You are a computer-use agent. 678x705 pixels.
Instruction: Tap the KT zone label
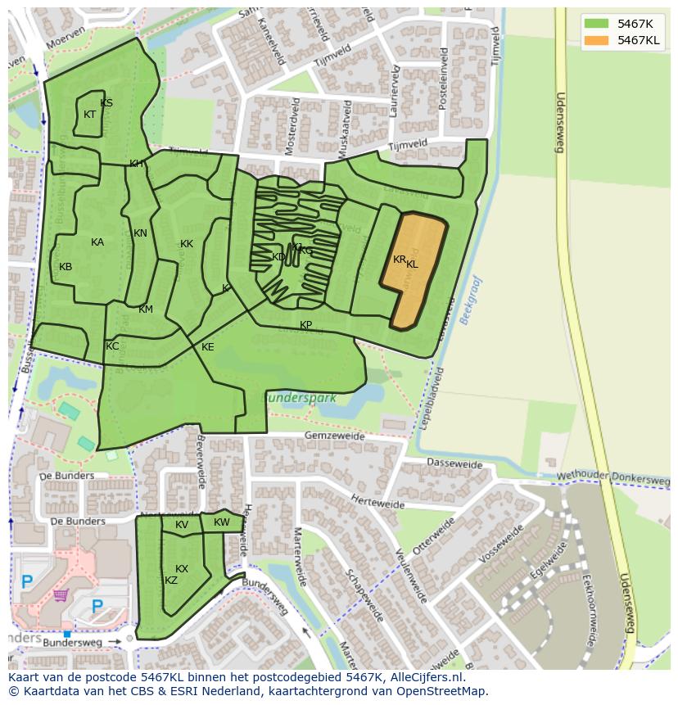pos(90,115)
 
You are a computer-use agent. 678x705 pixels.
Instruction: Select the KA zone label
pos(97,242)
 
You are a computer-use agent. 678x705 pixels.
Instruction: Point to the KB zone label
pos(66,267)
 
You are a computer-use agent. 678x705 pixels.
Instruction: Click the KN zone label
pos(140,233)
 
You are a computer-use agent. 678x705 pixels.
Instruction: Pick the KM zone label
pos(146,310)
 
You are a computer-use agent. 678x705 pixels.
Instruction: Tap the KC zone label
pos(112,346)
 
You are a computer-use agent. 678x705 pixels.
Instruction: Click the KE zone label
pos(207,347)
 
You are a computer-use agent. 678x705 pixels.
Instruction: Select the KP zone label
pos(305,325)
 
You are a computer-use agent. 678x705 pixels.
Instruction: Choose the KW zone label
pos(222,522)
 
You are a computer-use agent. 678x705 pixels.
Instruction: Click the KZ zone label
pos(171,581)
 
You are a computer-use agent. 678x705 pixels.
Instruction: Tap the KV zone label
pos(182,525)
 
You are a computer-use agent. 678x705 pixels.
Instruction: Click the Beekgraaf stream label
pos(472,301)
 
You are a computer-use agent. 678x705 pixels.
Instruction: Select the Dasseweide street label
pos(454,463)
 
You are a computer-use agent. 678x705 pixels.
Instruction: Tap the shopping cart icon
pos(60,594)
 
